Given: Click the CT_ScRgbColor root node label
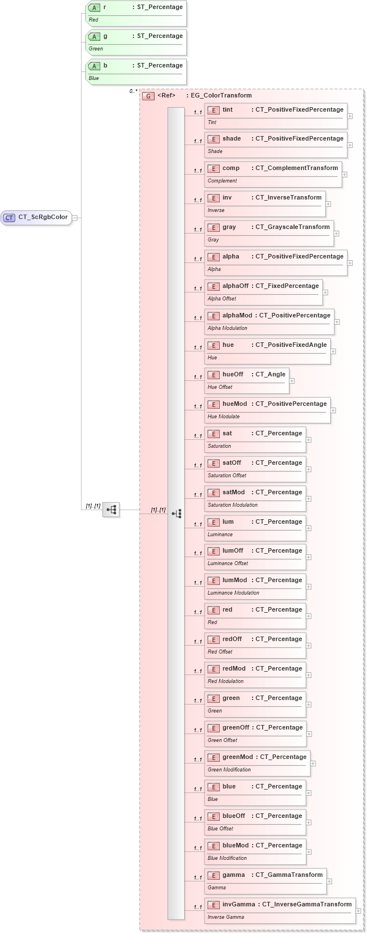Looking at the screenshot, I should (x=42, y=217).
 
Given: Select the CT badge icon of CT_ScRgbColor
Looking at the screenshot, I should (x=10, y=218).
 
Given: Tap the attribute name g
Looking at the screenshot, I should (x=105, y=36).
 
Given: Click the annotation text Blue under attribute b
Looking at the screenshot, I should (x=94, y=78).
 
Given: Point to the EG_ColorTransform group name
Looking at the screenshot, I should (x=221, y=96).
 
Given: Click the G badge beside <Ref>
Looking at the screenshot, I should (x=148, y=96).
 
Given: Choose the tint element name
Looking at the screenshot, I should (x=228, y=109).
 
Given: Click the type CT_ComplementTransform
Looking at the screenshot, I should (x=296, y=168).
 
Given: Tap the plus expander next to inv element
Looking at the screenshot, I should (x=328, y=204).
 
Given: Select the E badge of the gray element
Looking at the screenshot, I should (x=214, y=227).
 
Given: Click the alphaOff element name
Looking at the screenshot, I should (x=235, y=286).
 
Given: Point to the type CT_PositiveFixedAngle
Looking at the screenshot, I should (x=291, y=345).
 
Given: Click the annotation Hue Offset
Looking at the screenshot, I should (x=220, y=387).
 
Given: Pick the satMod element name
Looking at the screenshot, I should (x=233, y=493).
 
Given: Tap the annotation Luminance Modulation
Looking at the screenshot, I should (x=233, y=593).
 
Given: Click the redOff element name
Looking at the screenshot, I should (x=232, y=639).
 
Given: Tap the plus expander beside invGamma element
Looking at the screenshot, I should (x=359, y=911).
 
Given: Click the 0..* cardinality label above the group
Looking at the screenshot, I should (x=133, y=91).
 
